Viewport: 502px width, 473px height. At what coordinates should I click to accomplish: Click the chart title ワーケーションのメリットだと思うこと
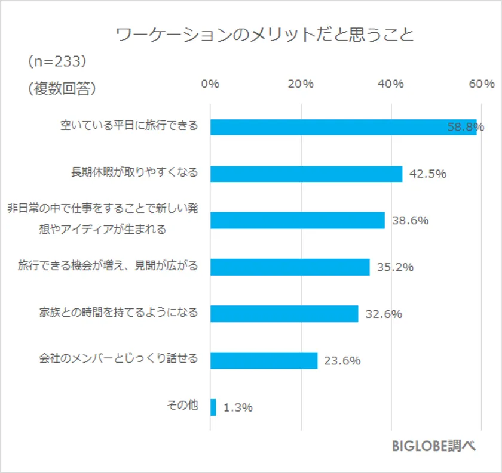tap(265, 35)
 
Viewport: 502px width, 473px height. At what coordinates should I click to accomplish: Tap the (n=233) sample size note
tap(57, 61)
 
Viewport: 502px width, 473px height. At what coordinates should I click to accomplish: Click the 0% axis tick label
tap(210, 84)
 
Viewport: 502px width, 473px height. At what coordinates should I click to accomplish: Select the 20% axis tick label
tap(301, 84)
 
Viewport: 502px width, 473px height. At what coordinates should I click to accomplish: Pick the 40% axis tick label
tap(391, 84)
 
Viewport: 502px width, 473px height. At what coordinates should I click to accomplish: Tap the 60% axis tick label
tap(482, 84)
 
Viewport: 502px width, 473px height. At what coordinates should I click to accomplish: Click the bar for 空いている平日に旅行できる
tap(329, 126)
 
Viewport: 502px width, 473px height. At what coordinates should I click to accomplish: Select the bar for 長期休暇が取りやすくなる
tap(306, 174)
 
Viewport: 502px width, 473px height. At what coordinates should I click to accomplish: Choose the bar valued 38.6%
tap(297, 220)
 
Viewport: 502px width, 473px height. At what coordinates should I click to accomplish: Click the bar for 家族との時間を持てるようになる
tap(284, 314)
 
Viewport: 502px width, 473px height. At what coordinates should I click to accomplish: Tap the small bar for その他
tap(213, 407)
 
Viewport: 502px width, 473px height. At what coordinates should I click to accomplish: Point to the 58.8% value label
tap(466, 127)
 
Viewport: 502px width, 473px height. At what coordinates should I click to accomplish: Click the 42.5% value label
tap(428, 174)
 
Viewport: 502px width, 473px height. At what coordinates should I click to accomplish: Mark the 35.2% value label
tap(395, 267)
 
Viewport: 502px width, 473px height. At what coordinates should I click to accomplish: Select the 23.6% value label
tap(342, 361)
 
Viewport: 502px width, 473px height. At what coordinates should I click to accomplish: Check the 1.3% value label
tap(238, 407)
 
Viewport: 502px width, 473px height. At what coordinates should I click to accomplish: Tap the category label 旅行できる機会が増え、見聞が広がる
tap(108, 265)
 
